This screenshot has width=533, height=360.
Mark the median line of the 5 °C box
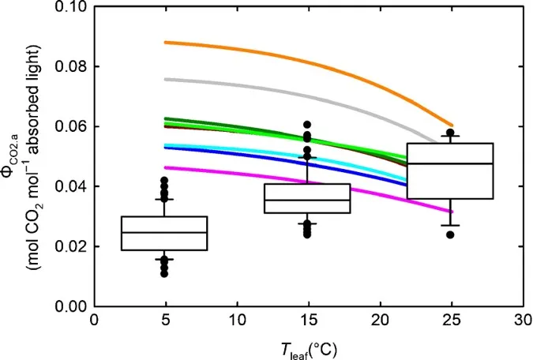[x=164, y=232]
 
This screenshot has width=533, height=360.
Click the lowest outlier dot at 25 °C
[x=450, y=234]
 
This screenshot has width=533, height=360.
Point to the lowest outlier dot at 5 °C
[x=164, y=273]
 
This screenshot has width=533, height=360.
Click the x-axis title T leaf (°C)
[x=307, y=347]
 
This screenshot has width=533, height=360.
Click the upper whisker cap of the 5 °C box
[x=164, y=199]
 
